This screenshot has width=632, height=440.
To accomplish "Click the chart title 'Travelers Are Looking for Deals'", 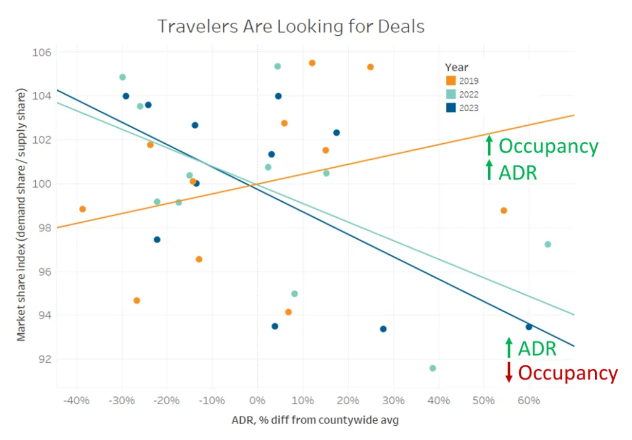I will click(291, 27).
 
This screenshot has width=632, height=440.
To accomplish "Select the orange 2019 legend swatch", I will click(451, 81).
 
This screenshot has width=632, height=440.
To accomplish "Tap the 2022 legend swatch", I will click(451, 94).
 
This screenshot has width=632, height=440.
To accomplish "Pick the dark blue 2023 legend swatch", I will click(451, 108).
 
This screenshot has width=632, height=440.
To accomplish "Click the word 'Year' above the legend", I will click(456, 67).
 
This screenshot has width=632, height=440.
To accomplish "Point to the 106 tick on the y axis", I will click(41, 52).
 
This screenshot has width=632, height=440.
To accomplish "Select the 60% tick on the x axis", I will click(529, 400).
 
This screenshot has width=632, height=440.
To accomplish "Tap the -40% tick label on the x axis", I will click(77, 400).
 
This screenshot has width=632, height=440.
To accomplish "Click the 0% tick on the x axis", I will click(257, 400).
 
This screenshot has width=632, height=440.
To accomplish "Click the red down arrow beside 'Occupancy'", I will click(509, 372).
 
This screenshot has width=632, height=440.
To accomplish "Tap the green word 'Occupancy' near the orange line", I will click(549, 146).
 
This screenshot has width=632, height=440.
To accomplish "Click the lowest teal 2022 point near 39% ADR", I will click(433, 368).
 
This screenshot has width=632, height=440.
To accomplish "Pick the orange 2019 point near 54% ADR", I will click(504, 210).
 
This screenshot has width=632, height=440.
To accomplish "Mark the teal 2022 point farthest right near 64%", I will click(547, 244).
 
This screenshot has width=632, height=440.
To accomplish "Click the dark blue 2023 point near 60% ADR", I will click(529, 327).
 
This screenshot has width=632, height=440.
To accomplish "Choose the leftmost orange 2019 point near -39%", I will click(83, 209).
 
